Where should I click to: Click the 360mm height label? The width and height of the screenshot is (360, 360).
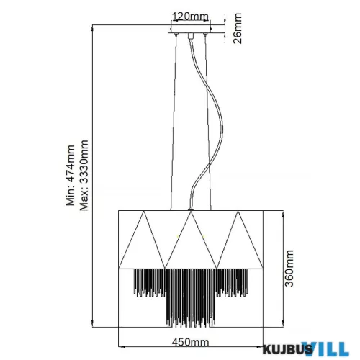pyautogui.click(x=290, y=268)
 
